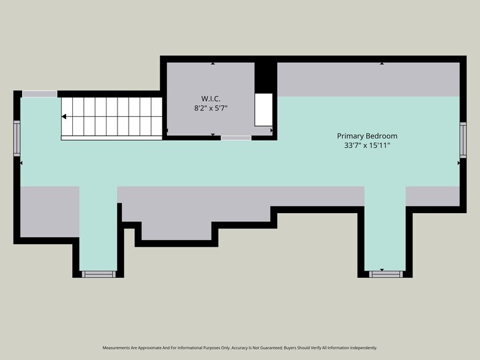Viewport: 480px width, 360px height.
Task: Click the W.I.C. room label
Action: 211,99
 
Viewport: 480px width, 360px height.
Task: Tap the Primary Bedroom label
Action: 367,136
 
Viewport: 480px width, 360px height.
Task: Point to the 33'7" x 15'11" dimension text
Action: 367,146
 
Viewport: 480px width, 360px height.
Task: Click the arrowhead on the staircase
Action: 64,116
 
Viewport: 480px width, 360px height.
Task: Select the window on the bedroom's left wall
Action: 17,138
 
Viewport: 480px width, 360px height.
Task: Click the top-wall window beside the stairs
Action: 40,94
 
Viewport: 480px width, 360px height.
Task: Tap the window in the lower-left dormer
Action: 98,274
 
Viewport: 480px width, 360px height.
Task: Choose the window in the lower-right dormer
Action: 384,274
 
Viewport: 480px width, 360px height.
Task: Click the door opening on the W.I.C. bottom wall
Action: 236,138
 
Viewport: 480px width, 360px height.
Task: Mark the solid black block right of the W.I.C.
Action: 264,77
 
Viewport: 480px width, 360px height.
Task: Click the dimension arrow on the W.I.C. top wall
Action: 212,62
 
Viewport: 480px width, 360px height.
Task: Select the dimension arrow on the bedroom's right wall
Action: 458,163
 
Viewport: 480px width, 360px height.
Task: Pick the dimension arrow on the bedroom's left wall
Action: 22,163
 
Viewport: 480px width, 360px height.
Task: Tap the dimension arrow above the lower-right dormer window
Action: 381,269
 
